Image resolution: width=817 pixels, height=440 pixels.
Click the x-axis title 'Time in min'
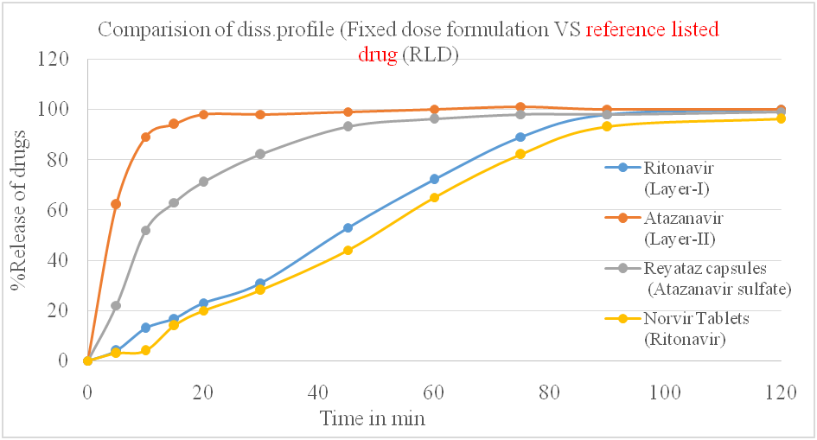[373, 418]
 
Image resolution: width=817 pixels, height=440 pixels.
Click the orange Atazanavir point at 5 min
[116, 204]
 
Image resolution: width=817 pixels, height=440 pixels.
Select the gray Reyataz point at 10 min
[145, 230]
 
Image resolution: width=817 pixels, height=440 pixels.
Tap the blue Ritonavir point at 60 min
[434, 180]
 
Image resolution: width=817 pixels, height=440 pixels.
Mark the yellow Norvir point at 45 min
[348, 251]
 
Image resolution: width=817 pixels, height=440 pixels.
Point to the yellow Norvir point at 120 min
[781, 118]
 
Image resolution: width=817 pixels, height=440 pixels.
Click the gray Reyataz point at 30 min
[260, 154]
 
